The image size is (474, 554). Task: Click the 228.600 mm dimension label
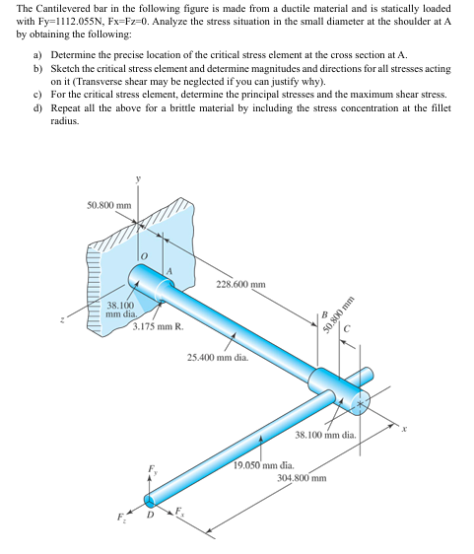click(240, 285)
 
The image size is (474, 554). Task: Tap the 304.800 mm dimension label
click(302, 478)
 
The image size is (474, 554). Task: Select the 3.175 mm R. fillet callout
click(159, 326)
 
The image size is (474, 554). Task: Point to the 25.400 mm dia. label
click(218, 358)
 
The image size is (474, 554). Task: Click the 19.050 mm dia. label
click(264, 465)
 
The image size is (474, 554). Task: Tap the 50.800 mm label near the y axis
click(109, 205)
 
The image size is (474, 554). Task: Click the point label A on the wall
click(169, 271)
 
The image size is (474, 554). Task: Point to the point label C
click(347, 329)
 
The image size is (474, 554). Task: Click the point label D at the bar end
click(150, 516)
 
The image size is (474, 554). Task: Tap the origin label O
click(144, 255)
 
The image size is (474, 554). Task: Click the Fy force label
click(153, 469)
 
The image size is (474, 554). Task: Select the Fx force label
click(179, 511)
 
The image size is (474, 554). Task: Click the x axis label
click(405, 429)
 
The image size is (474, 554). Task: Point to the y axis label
click(138, 179)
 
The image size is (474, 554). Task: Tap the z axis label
click(62, 320)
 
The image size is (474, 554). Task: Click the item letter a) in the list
click(37, 55)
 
